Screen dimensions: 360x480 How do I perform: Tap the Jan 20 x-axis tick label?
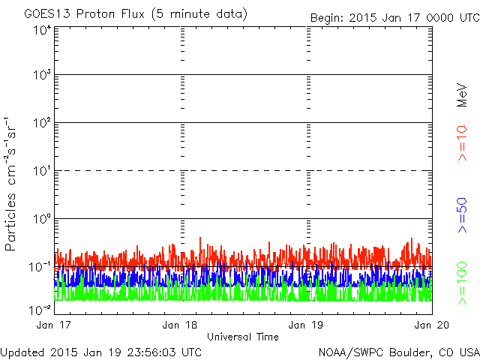click(430, 325)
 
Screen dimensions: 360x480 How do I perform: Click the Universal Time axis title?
click(242, 337)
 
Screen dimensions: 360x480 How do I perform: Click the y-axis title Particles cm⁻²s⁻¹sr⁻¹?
click(10, 183)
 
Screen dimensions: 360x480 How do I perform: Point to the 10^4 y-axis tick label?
click(42, 30)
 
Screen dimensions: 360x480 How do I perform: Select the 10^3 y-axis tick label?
click(42, 76)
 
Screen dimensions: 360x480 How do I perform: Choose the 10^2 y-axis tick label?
click(42, 124)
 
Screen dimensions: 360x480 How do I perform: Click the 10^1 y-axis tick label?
click(42, 172)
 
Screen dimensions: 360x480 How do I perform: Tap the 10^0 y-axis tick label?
click(42, 220)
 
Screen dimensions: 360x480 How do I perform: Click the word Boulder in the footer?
click(406, 351)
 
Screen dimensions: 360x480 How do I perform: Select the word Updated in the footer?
click(23, 351)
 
